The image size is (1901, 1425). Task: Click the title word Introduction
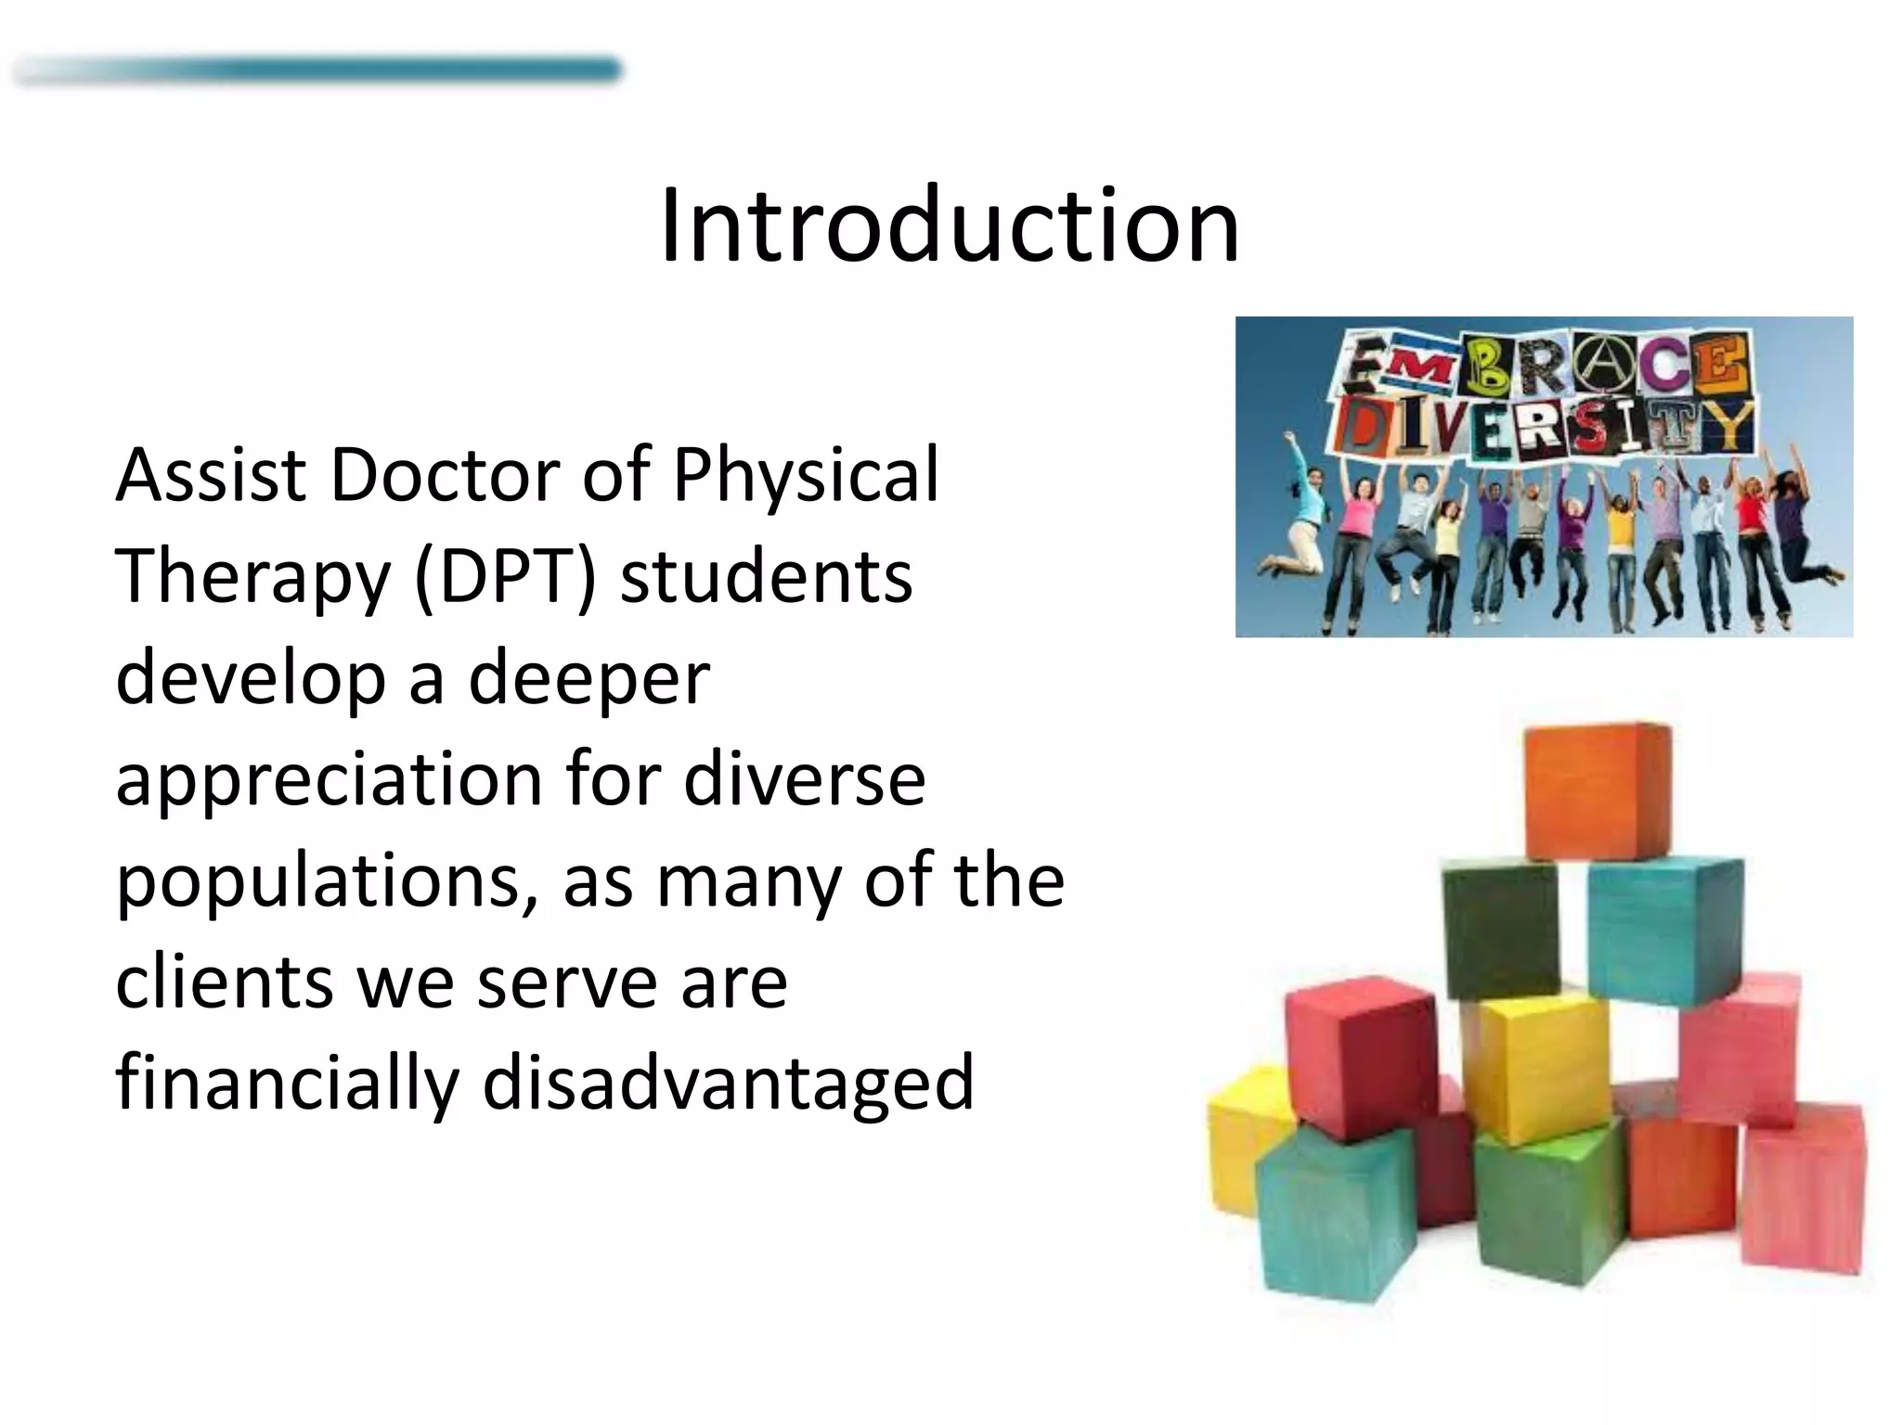click(950, 225)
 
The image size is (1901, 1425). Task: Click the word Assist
click(211, 475)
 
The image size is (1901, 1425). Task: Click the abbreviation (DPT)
click(504, 578)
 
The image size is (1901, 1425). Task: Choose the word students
click(766, 576)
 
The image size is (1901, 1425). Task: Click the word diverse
click(804, 779)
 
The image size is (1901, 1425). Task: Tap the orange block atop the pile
click(1597, 790)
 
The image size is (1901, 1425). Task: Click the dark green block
click(1499, 928)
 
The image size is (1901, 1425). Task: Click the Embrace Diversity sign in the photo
click(1541, 399)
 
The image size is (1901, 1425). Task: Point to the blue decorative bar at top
click(316, 71)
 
